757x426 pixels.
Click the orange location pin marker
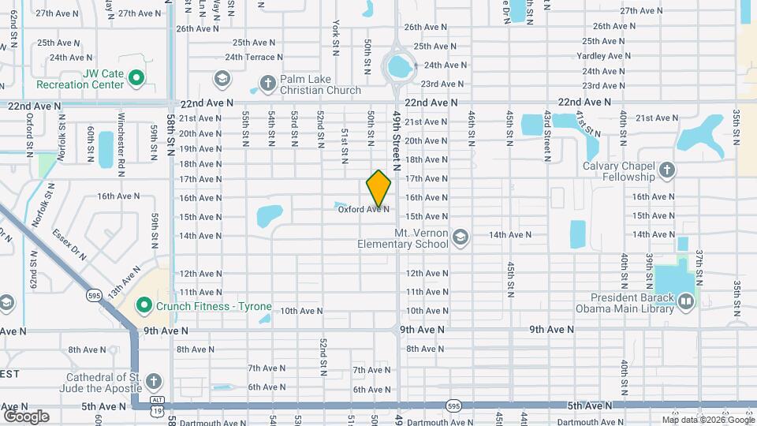[378, 188]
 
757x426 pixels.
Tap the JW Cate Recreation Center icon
[136, 77]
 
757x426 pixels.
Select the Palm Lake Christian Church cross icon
[267, 82]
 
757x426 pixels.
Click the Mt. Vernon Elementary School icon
[460, 235]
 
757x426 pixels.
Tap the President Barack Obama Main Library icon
[685, 301]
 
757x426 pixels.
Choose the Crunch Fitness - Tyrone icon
[144, 305]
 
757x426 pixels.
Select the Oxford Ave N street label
[364, 209]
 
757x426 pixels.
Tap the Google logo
[26, 416]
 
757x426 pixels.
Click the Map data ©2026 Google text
[707, 419]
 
